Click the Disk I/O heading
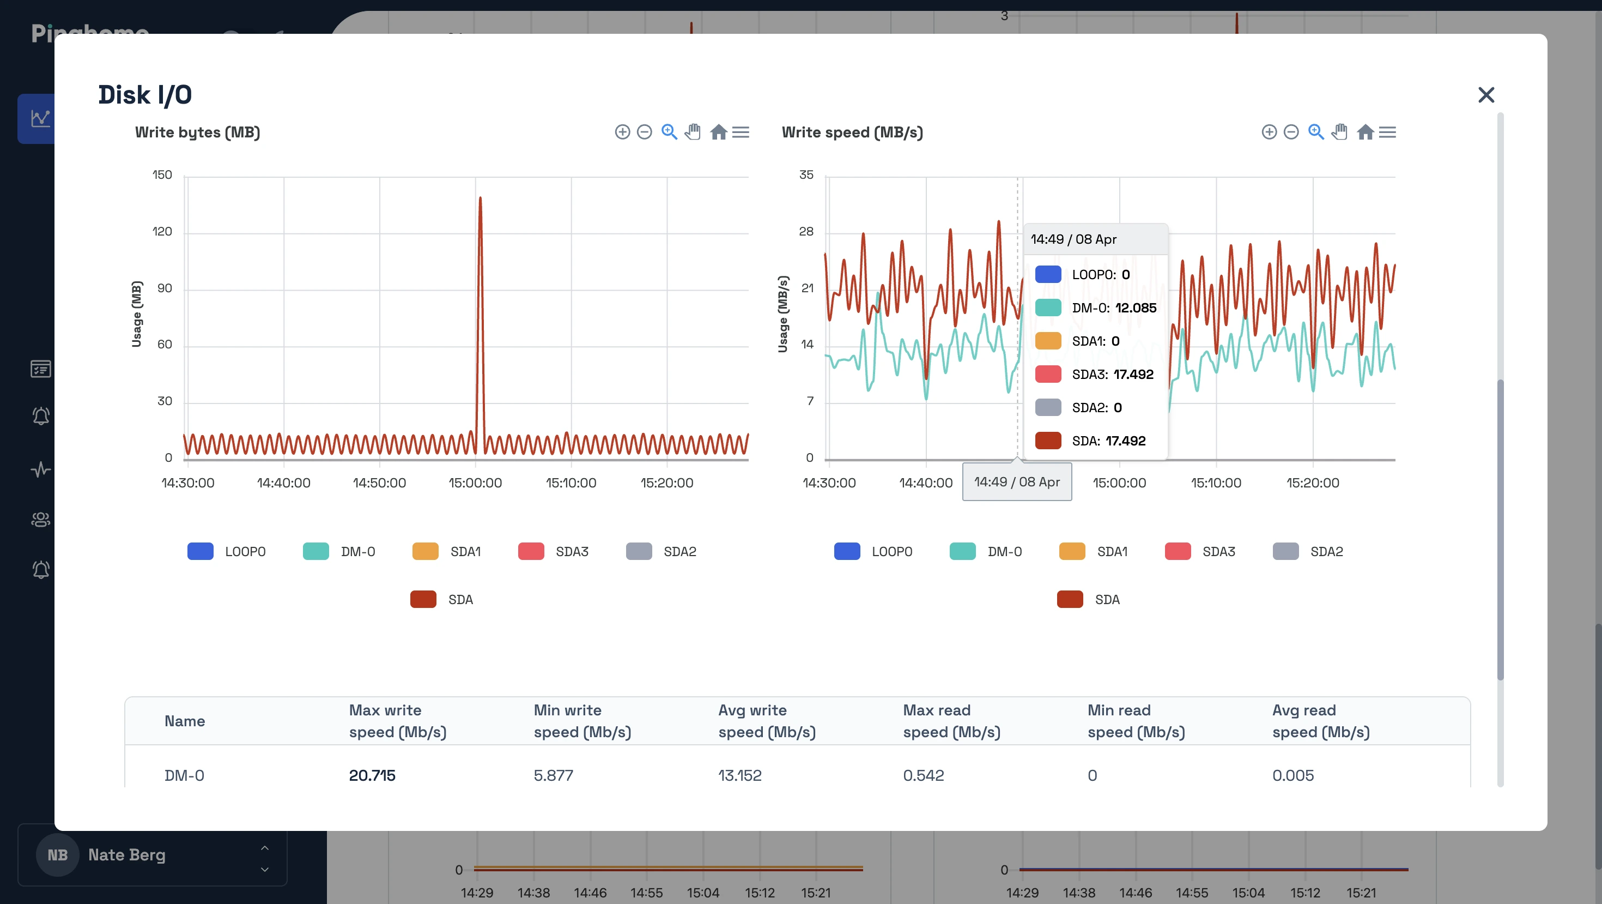(145, 94)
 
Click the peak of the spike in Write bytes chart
(480, 198)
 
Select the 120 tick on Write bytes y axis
(162, 231)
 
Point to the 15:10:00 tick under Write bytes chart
(571, 483)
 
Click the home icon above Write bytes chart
(718, 132)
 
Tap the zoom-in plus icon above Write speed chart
(1269, 132)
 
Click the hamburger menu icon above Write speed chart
(1387, 132)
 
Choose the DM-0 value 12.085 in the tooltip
(1135, 308)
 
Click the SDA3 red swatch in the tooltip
(1048, 374)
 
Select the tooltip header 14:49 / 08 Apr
(1073, 239)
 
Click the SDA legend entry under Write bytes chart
(442, 599)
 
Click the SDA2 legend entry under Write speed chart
(1308, 551)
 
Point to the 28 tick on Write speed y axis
(806, 231)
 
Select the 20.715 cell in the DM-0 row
(372, 775)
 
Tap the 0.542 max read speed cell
(923, 775)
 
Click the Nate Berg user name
(127, 854)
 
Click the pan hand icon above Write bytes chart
(693, 132)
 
